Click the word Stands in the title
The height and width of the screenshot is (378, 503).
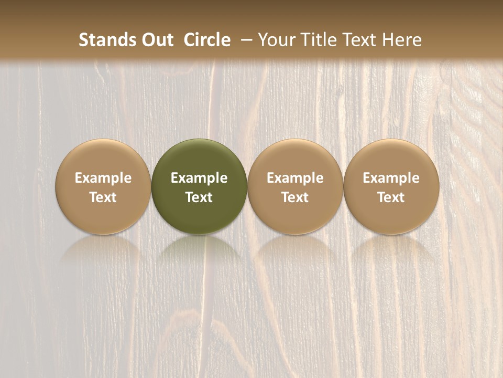point(107,40)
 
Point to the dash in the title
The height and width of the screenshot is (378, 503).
point(244,40)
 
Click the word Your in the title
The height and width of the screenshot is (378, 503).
point(275,40)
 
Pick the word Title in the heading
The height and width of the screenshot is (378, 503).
point(313,40)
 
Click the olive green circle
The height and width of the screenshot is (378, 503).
point(199,157)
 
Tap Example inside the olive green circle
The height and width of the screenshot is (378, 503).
point(199,178)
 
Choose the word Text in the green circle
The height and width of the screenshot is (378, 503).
point(199,197)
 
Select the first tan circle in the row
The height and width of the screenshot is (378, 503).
point(103,157)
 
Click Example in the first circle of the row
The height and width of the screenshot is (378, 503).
point(103,178)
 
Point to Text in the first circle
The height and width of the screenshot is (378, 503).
point(103,197)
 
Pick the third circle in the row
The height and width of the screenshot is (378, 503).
point(295,157)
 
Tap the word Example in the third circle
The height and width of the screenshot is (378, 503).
point(295,178)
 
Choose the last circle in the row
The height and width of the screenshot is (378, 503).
point(391,157)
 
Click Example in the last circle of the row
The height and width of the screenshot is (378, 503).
point(391,178)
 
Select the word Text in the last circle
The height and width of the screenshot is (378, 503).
point(391,197)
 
